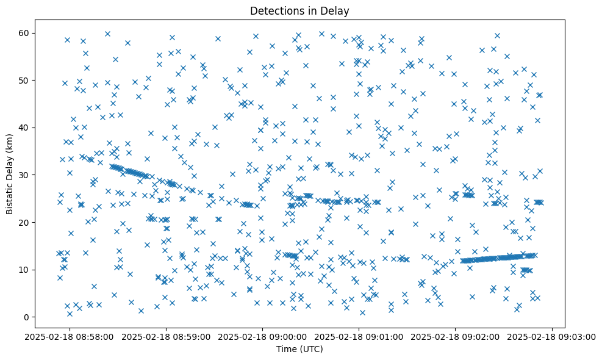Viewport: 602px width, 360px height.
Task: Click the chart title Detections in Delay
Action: (x=299, y=10)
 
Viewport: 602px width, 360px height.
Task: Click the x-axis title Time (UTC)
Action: (x=299, y=349)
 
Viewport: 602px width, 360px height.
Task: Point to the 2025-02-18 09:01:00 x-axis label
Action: (x=359, y=336)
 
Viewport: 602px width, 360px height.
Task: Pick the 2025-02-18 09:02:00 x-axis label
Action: (x=456, y=336)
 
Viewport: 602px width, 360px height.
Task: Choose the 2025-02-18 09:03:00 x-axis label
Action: (x=553, y=336)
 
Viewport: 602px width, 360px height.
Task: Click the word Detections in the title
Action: (x=276, y=10)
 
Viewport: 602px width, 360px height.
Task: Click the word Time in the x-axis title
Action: (x=287, y=349)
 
